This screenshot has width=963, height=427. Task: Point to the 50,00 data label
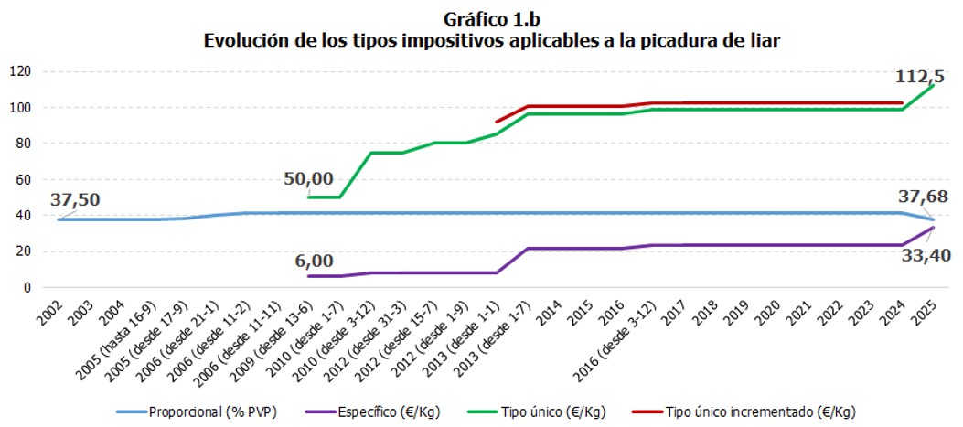[308, 178]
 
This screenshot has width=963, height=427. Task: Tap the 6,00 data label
[314, 261]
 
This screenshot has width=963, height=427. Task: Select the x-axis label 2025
[926, 311]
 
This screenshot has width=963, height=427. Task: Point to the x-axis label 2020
[776, 311]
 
